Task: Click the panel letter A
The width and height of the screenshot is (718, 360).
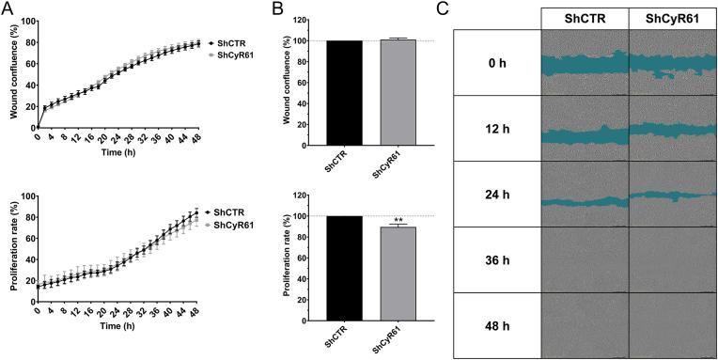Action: [8, 9]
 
